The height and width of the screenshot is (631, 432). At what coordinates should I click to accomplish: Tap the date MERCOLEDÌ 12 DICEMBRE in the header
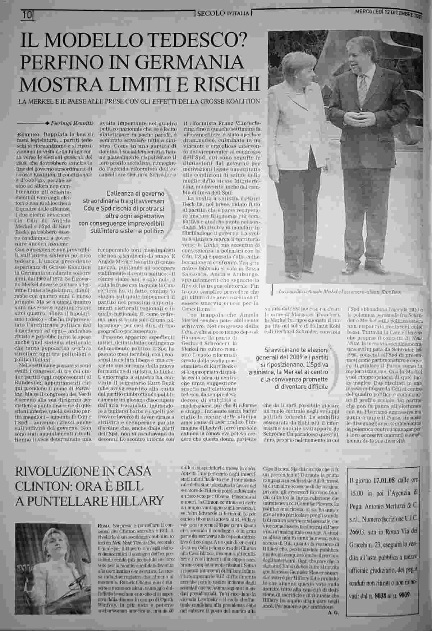click(x=389, y=11)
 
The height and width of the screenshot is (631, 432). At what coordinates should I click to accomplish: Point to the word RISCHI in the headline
click(x=229, y=83)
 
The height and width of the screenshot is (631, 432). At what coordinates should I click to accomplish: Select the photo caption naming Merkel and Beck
click(x=340, y=292)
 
